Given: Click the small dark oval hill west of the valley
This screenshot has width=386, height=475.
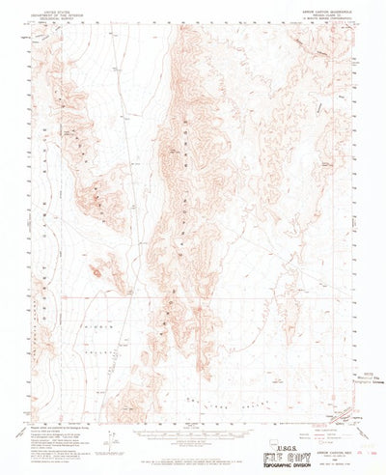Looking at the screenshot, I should (x=96, y=273).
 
